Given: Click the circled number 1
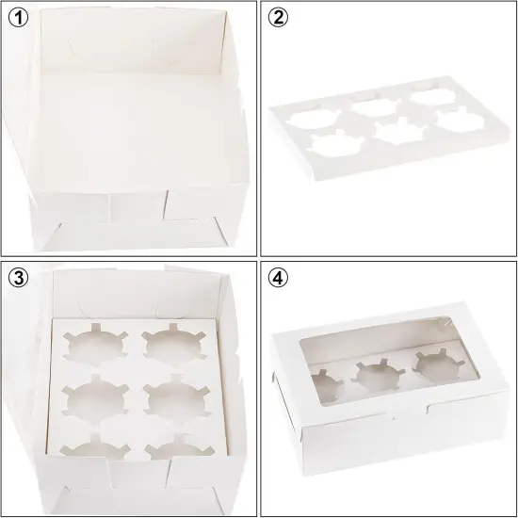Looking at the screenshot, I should coord(17,18).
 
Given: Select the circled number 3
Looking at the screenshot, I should coord(17,279).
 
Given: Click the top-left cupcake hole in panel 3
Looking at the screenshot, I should coord(87,345).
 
